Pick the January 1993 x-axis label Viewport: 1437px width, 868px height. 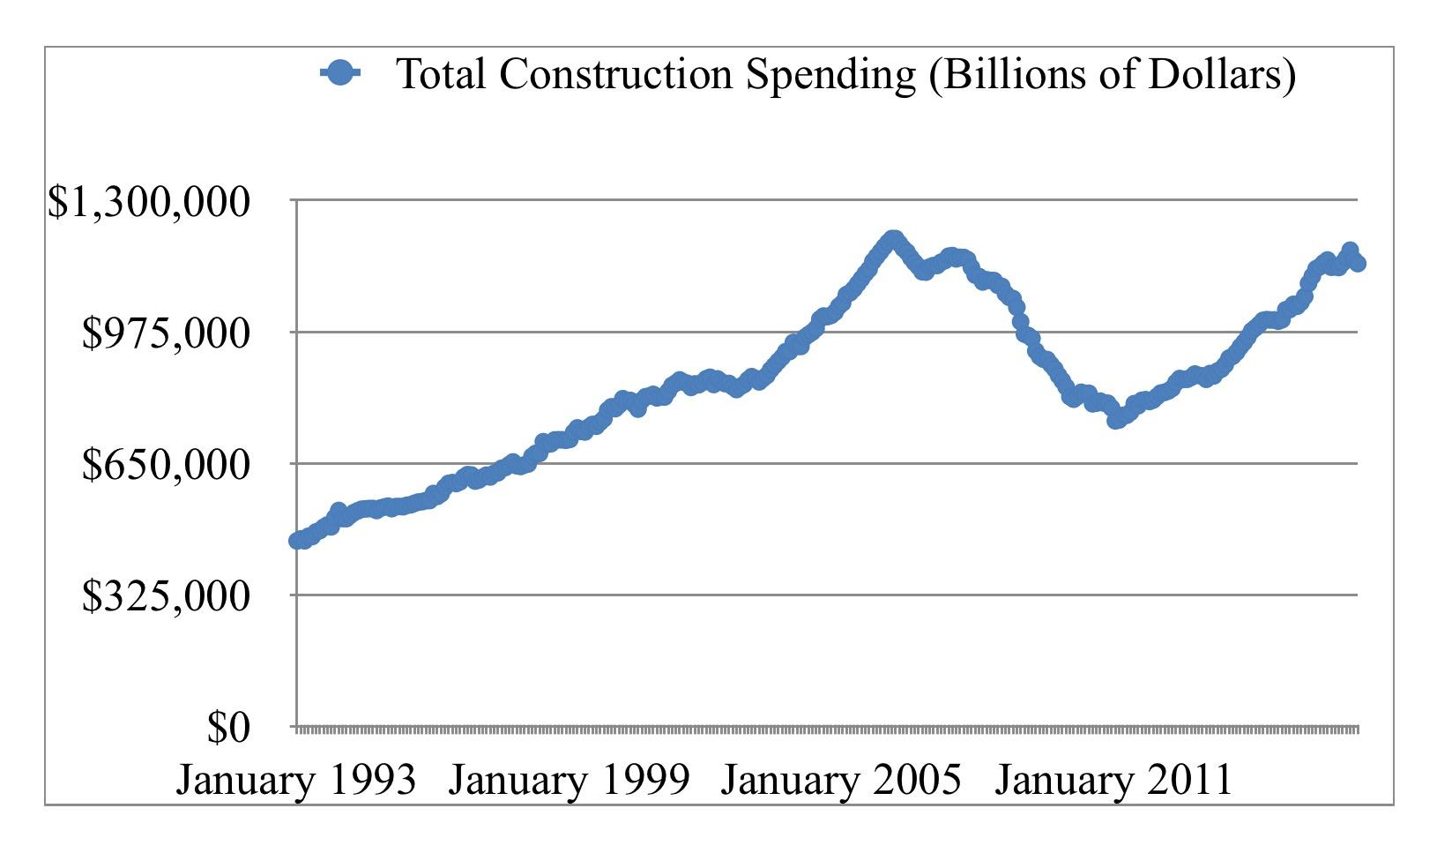(x=296, y=780)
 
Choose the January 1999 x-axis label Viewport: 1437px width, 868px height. (x=569, y=780)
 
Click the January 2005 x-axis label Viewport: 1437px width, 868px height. (x=840, y=780)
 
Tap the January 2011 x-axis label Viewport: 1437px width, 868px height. (x=1113, y=780)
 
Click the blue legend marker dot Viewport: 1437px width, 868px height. (x=339, y=73)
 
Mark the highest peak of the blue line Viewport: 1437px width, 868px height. (x=893, y=239)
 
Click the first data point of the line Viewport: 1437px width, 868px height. (x=297, y=540)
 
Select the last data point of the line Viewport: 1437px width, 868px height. (x=1358, y=262)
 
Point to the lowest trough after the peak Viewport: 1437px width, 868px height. (x=1116, y=419)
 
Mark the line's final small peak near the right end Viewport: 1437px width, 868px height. (x=1350, y=251)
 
